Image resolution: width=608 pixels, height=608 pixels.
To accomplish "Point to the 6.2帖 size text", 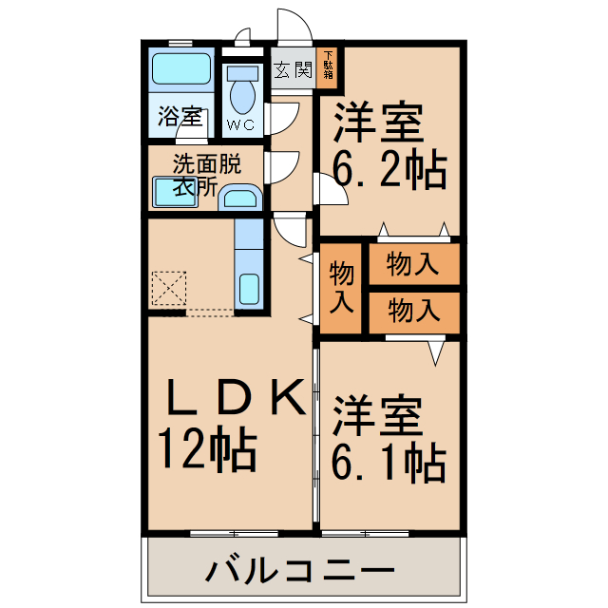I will point(389,171).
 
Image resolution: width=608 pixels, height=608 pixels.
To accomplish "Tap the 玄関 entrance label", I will point(293,69).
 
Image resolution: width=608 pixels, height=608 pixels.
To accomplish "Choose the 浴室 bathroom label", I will point(180,118).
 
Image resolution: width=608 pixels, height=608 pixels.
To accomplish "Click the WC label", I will point(242,124).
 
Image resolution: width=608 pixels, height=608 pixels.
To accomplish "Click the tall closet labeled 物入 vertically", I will point(342,289).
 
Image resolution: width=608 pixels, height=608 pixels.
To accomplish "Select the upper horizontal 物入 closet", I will point(413,265).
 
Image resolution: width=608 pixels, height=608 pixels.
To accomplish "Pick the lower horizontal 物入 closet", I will point(413,310).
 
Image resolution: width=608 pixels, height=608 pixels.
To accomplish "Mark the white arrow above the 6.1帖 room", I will point(435,351).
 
